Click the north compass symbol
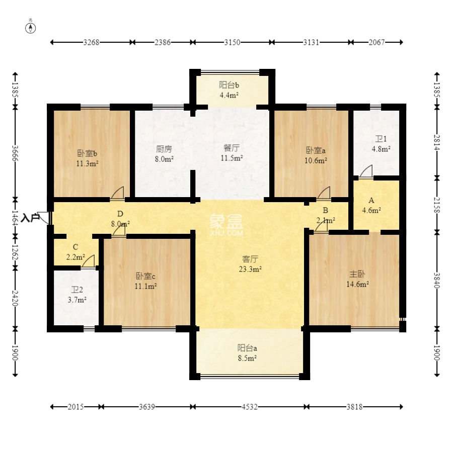[31, 28]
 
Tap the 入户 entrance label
[30, 218]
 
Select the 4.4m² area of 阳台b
[229, 95]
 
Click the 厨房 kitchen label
[164, 149]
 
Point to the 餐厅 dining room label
[232, 148]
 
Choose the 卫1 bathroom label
[381, 139]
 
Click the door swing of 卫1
[366, 171]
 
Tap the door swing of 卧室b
[117, 193]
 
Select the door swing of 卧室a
[324, 193]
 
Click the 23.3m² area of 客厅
[250, 269]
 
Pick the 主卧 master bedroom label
[357, 274]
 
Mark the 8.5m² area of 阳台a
[247, 358]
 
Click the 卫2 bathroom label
[77, 290]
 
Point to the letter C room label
[75, 247]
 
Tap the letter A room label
[371, 200]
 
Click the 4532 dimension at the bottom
[250, 407]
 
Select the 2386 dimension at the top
[163, 42]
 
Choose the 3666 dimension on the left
[15, 153]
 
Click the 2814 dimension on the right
[437, 143]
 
